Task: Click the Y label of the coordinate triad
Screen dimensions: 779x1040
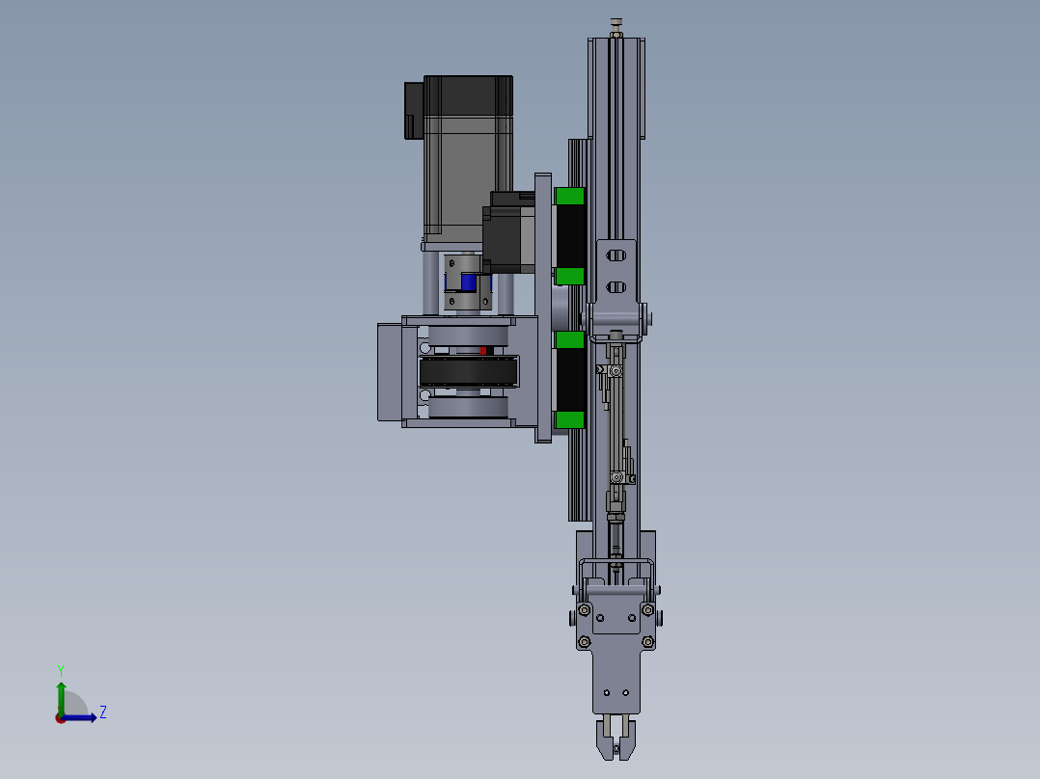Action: tap(60, 669)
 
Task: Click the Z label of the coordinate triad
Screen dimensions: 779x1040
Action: tap(102, 712)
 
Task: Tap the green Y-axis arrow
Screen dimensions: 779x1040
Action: tap(60, 694)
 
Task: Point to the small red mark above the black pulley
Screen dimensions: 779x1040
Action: tap(482, 350)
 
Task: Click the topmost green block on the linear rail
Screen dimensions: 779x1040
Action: tap(570, 197)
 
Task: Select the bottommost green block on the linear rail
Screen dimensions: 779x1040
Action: tap(570, 419)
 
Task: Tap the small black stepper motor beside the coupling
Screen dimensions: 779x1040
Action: tap(508, 236)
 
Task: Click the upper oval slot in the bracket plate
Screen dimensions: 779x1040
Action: tap(616, 255)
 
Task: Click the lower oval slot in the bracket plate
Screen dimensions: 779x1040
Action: tap(616, 286)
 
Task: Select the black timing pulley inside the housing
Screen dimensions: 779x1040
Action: tap(468, 371)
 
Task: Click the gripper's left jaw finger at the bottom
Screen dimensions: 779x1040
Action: tap(601, 738)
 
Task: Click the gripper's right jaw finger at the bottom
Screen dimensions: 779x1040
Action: tap(629, 738)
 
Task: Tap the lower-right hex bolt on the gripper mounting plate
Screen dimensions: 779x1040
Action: tap(647, 642)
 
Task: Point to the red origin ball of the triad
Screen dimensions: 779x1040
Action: tap(60, 717)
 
